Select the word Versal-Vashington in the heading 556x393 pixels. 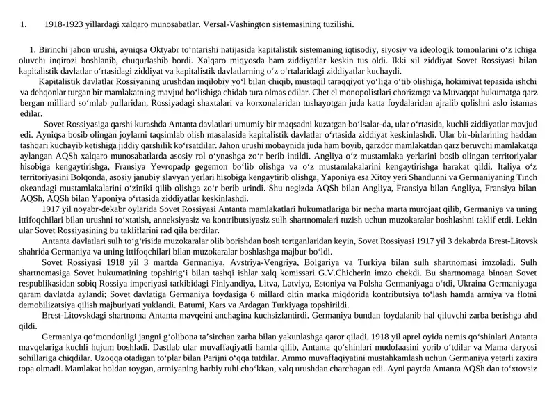(238, 25)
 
